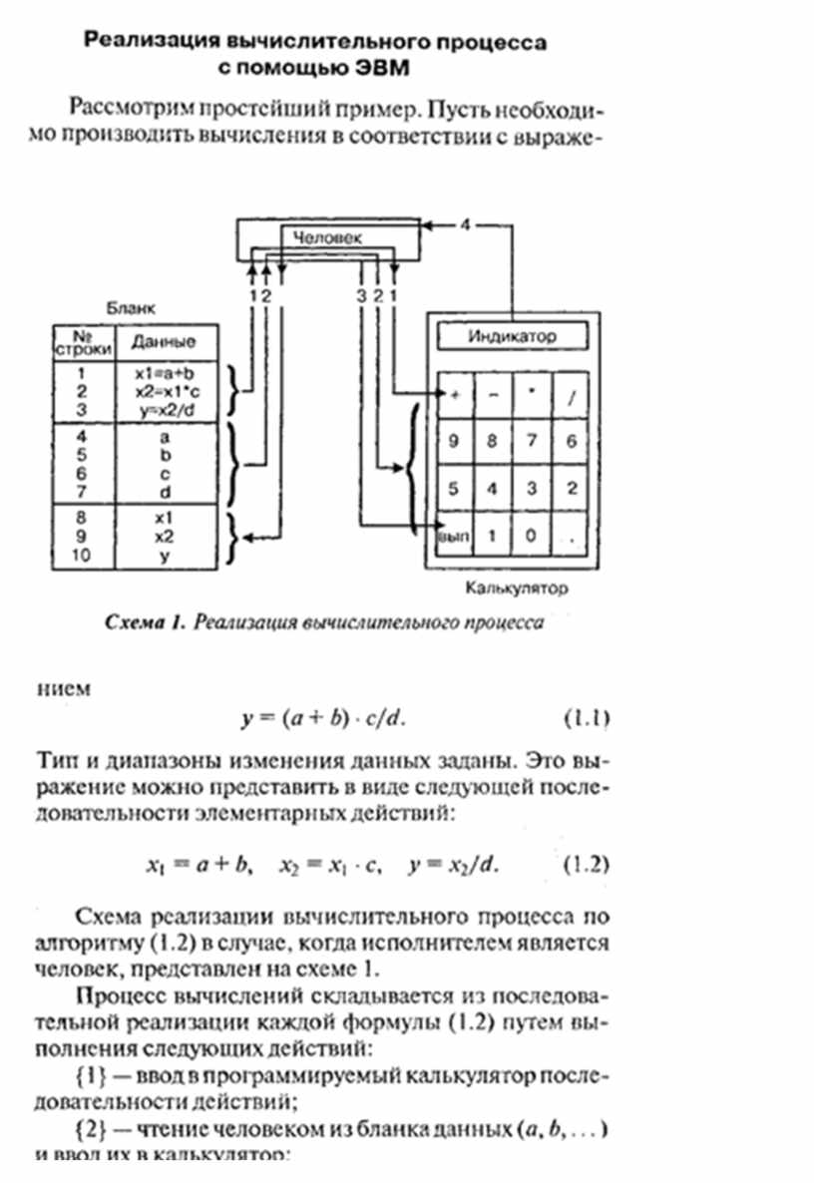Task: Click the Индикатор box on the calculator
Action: (x=512, y=336)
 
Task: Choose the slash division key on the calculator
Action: (x=571, y=394)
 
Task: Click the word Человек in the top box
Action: (x=327, y=237)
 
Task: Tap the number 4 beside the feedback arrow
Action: (x=465, y=223)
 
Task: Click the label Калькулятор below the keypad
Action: (x=516, y=589)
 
